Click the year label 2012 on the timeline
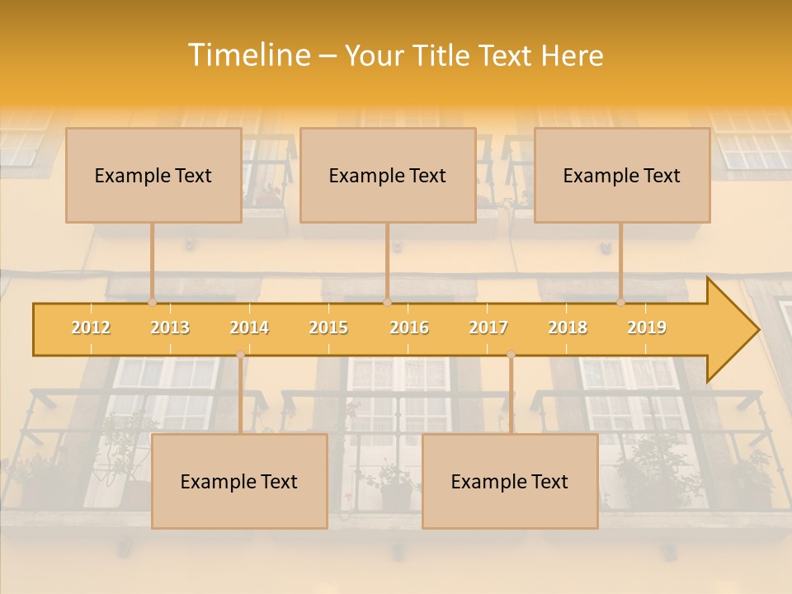tap(91, 328)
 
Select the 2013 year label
tap(170, 328)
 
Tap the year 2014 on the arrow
tap(249, 328)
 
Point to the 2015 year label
tap(328, 328)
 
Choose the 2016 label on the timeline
tap(409, 328)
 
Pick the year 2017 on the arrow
tap(488, 328)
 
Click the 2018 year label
tap(568, 328)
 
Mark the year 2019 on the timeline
tap(647, 328)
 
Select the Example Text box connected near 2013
tap(153, 175)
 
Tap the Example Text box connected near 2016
tap(388, 175)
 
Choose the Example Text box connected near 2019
tap(622, 175)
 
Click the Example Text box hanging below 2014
tap(239, 481)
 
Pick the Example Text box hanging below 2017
tap(510, 481)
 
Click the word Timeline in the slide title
tap(247, 55)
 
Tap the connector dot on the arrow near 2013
tap(153, 302)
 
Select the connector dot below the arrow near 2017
tap(511, 355)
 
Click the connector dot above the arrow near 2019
tap(621, 302)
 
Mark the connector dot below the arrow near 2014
tap(240, 355)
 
